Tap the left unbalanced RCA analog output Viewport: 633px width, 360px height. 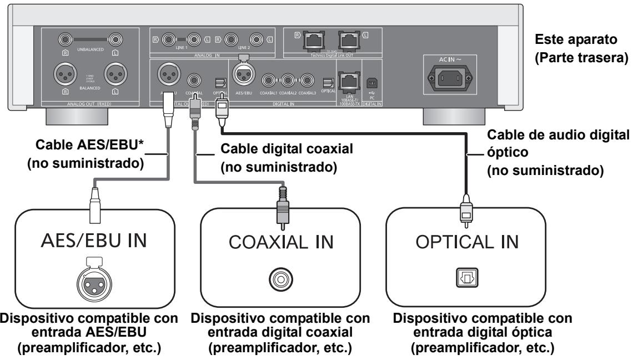point(115,39)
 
